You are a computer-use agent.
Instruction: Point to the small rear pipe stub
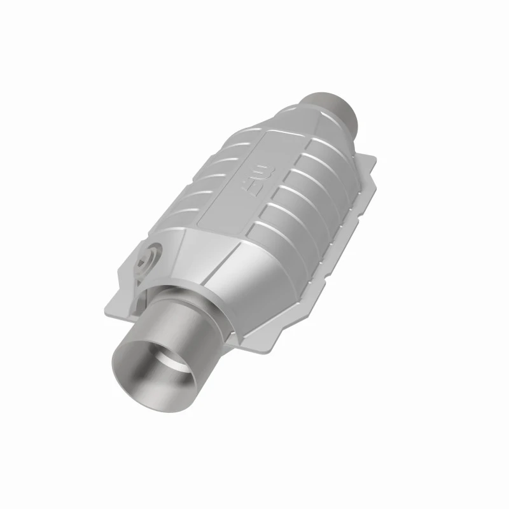tap(335, 109)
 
